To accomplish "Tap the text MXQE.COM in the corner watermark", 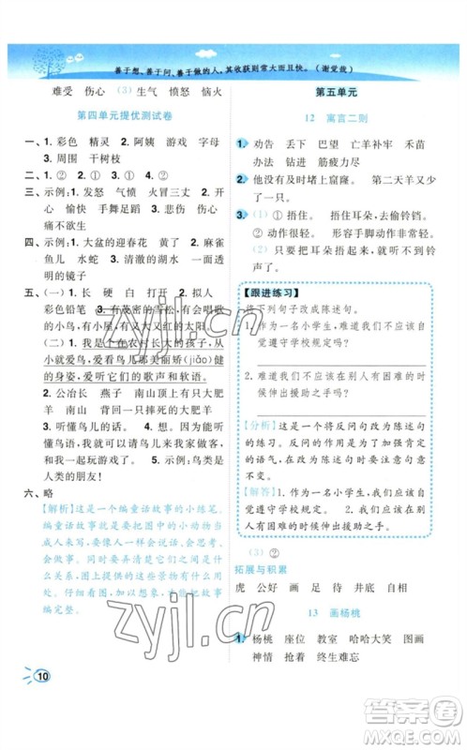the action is (420, 733).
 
